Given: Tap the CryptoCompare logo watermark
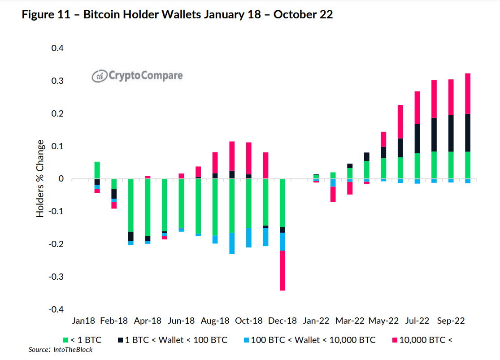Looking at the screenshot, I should [137, 75].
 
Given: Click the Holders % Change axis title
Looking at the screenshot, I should [41, 179].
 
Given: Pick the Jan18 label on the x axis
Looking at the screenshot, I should [83, 321].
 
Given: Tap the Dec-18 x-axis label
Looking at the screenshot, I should [283, 321].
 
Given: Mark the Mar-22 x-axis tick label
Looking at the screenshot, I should [350, 321].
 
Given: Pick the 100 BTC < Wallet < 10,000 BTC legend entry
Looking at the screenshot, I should [310, 340].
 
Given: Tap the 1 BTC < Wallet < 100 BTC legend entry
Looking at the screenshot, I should [174, 340].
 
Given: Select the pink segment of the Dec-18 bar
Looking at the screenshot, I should [283, 270].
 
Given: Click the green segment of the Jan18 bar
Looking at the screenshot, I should [97, 170].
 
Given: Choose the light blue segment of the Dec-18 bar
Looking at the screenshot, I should [283, 242].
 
